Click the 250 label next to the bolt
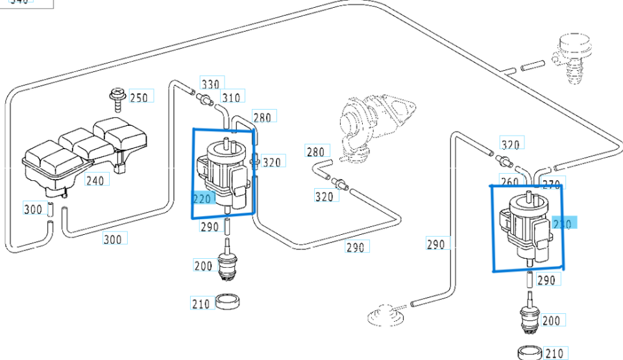click(138, 98)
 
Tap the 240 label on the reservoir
click(95, 180)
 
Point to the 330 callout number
click(210, 84)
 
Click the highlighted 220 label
click(202, 198)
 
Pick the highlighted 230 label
click(562, 224)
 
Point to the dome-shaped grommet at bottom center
click(383, 317)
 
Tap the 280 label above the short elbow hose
click(315, 152)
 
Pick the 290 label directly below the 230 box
click(546, 280)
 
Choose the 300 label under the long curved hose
click(113, 239)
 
